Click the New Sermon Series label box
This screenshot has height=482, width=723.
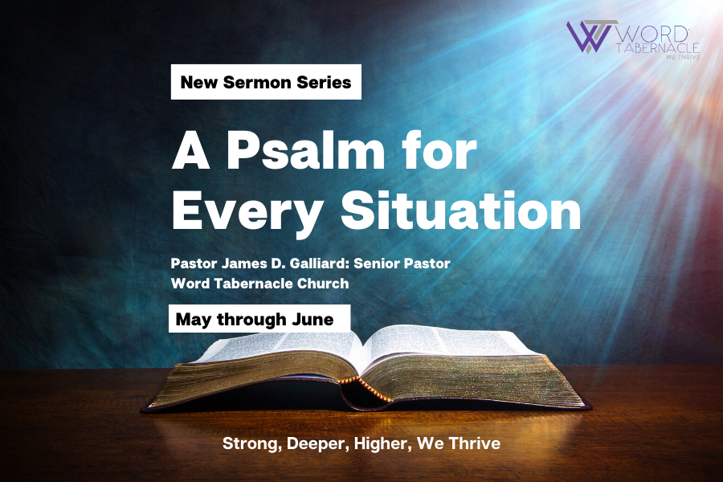pyautogui.click(x=266, y=82)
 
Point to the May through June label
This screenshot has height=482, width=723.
pyautogui.click(x=259, y=319)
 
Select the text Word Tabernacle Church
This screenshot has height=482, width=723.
pyautogui.click(x=260, y=284)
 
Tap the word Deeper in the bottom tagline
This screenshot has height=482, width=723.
pyautogui.click(x=317, y=443)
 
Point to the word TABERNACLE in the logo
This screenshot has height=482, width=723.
pyautogui.click(x=658, y=48)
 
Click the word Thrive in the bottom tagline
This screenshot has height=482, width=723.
pyautogui.click(x=475, y=443)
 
